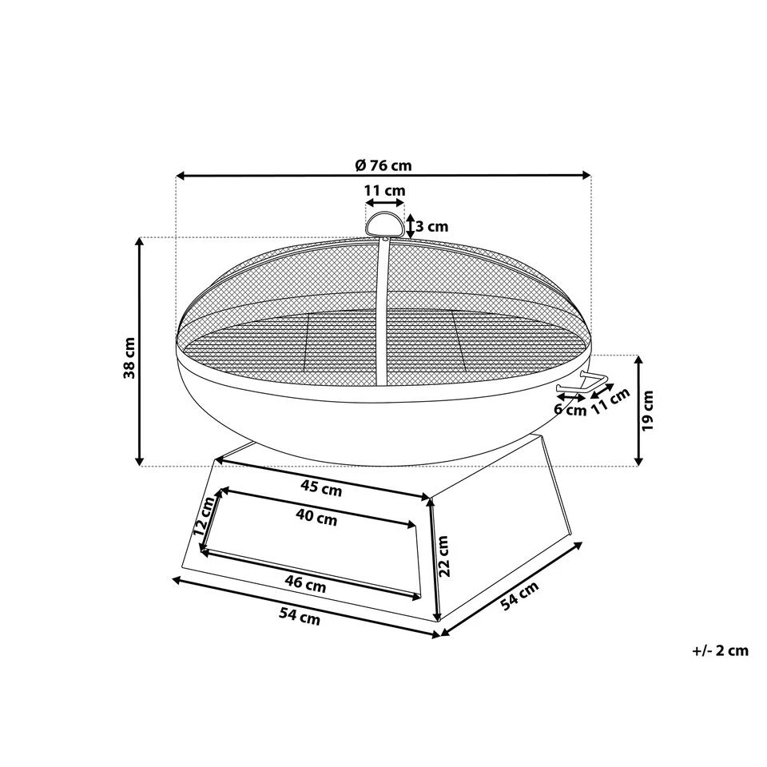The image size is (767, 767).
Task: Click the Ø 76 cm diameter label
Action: (x=384, y=165)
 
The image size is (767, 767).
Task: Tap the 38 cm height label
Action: (x=129, y=358)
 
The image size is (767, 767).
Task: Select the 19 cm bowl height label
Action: (x=649, y=411)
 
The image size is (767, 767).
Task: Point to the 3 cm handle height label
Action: (x=432, y=227)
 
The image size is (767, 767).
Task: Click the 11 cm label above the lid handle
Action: (x=385, y=190)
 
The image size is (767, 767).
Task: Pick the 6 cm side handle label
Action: (x=570, y=409)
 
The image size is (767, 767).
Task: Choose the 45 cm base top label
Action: (x=321, y=488)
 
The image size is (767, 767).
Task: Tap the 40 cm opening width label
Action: (x=317, y=517)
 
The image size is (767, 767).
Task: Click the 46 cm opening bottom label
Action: (x=305, y=584)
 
